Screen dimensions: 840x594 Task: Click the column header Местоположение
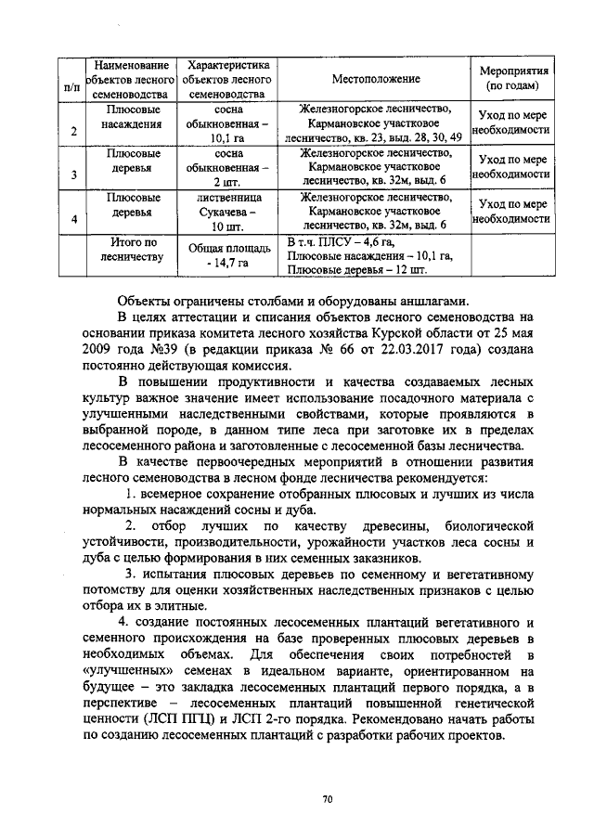click(x=376, y=80)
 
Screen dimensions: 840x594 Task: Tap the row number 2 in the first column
click(x=72, y=130)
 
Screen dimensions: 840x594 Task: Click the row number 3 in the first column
click(x=72, y=174)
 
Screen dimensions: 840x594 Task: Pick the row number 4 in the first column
click(x=72, y=217)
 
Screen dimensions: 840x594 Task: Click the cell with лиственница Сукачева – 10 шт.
click(x=228, y=212)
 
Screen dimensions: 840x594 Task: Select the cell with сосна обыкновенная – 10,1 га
click(x=228, y=124)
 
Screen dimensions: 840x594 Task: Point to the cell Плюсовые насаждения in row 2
click(x=134, y=116)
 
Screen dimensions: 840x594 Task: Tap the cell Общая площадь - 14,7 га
click(x=228, y=256)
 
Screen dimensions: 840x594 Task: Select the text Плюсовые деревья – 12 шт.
click(x=357, y=270)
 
